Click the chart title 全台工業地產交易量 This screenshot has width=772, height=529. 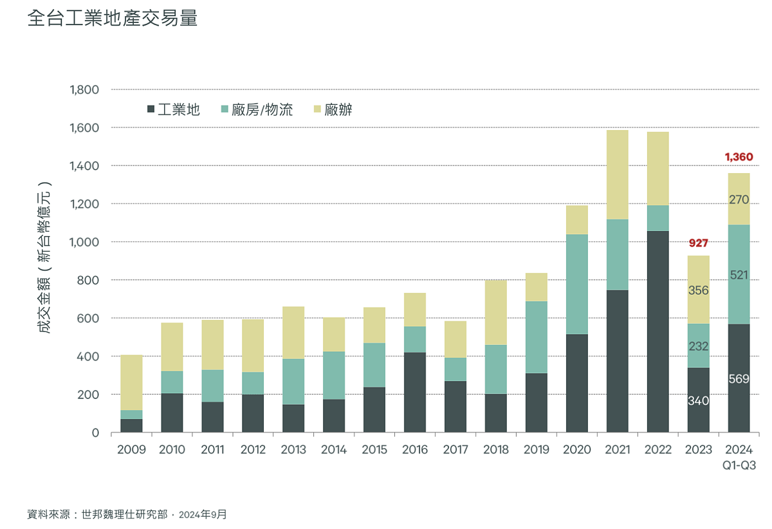(113, 18)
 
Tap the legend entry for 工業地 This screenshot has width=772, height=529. (174, 110)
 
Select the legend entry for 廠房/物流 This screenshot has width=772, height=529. (257, 110)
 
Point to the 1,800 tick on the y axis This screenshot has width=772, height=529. (84, 89)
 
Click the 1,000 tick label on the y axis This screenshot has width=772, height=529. (84, 242)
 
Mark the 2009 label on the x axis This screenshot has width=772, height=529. (131, 450)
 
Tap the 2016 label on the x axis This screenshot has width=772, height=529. (415, 450)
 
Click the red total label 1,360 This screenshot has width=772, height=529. (739, 157)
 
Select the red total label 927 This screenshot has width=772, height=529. (698, 243)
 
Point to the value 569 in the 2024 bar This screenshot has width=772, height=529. (739, 379)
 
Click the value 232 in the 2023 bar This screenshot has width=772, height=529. (698, 346)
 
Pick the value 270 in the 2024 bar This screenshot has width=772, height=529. (739, 200)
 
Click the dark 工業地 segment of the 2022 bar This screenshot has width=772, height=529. (657, 331)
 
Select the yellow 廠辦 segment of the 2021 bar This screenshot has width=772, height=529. (617, 174)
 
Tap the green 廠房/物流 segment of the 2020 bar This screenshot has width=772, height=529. (576, 284)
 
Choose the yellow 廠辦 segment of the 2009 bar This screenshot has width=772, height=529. (131, 382)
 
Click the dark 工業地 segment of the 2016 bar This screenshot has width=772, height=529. (415, 392)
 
